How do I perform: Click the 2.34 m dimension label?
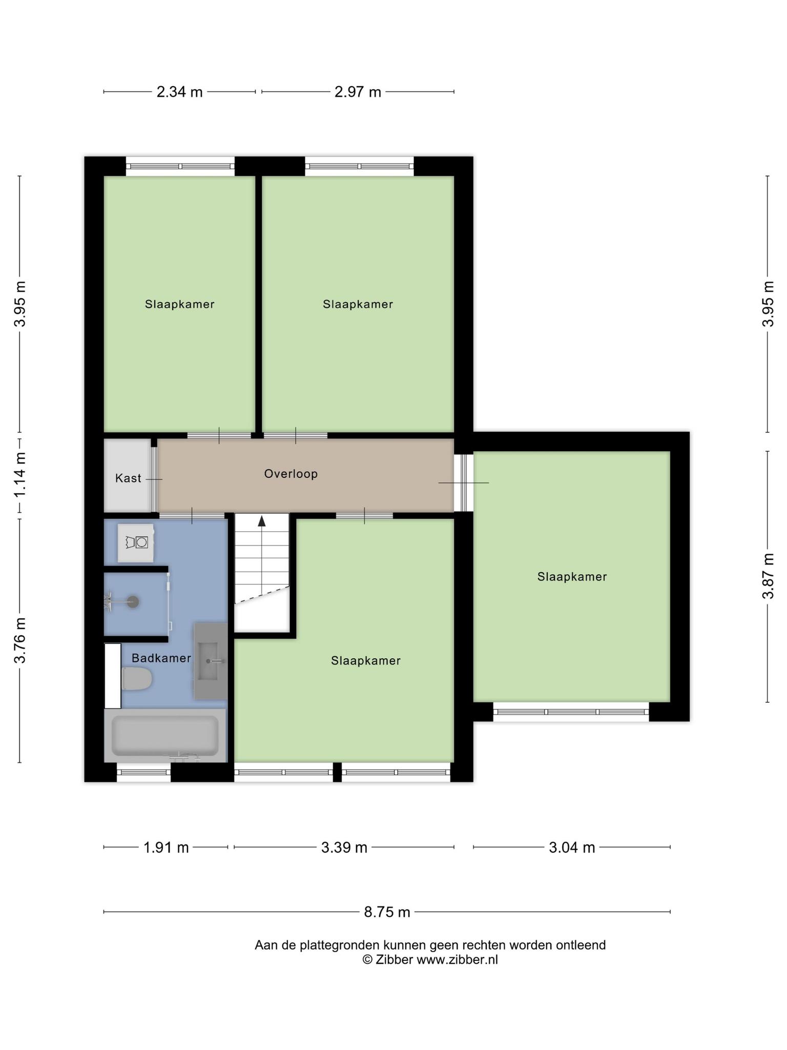tap(179, 92)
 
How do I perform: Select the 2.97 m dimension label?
tap(358, 92)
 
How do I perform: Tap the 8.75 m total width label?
tap(387, 912)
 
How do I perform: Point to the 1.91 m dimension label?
tap(166, 847)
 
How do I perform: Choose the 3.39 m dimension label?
tap(344, 847)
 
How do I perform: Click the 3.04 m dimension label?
tap(572, 847)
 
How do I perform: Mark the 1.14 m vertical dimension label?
tap(20, 474)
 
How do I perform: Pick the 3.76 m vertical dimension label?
tap(20, 640)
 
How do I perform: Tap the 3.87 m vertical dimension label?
tap(768, 576)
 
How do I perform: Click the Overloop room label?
tap(291, 474)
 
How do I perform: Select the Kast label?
tap(128, 478)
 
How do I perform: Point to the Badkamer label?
tap(161, 658)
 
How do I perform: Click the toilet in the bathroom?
tap(137, 679)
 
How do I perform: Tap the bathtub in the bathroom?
tap(165, 736)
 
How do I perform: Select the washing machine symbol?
tap(136, 543)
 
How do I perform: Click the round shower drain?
tap(133, 602)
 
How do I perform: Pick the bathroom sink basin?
tap(210, 661)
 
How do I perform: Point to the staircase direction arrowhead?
tap(262, 521)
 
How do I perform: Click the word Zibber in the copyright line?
tap(394, 960)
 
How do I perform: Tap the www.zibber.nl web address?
tap(457, 960)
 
